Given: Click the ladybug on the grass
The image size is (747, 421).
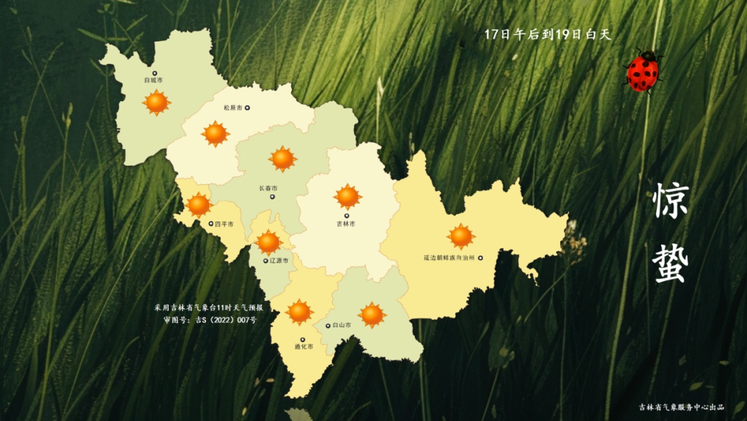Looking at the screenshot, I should pyautogui.click(x=643, y=71).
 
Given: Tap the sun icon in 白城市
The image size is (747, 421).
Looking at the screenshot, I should pyautogui.click(x=156, y=102).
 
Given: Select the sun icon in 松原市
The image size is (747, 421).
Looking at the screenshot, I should pyautogui.click(x=216, y=134).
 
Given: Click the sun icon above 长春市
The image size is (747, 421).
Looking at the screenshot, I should pyautogui.click(x=282, y=159).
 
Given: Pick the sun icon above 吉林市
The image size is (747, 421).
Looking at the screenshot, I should pyautogui.click(x=347, y=197).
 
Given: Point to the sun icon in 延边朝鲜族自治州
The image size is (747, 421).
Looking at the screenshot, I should pyautogui.click(x=461, y=236).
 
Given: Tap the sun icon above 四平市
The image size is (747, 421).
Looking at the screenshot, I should pyautogui.click(x=199, y=205).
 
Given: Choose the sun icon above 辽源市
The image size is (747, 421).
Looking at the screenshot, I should pyautogui.click(x=268, y=242).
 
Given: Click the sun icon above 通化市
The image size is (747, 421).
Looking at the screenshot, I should pyautogui.click(x=299, y=312).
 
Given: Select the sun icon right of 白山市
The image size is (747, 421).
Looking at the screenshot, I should pyautogui.click(x=372, y=315).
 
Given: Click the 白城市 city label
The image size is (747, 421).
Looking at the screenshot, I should pyautogui.click(x=154, y=80).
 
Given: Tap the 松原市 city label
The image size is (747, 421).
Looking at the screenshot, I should pyautogui.click(x=232, y=108).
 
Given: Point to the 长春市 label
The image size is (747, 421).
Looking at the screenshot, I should pyautogui.click(x=268, y=188).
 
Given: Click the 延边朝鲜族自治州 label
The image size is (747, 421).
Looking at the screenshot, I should pyautogui.click(x=449, y=258).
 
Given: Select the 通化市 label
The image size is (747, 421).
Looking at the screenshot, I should pyautogui.click(x=304, y=347).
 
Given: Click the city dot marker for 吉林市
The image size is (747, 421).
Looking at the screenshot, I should pyautogui.click(x=347, y=216).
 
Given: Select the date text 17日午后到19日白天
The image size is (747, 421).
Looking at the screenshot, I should pyautogui.click(x=548, y=35).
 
